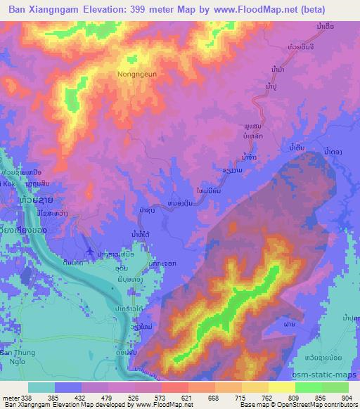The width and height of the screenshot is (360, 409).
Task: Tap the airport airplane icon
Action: (x=89, y=250)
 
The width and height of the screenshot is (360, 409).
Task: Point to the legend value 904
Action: (x=347, y=397)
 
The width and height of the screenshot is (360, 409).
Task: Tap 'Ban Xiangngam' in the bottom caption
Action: (x=27, y=405)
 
